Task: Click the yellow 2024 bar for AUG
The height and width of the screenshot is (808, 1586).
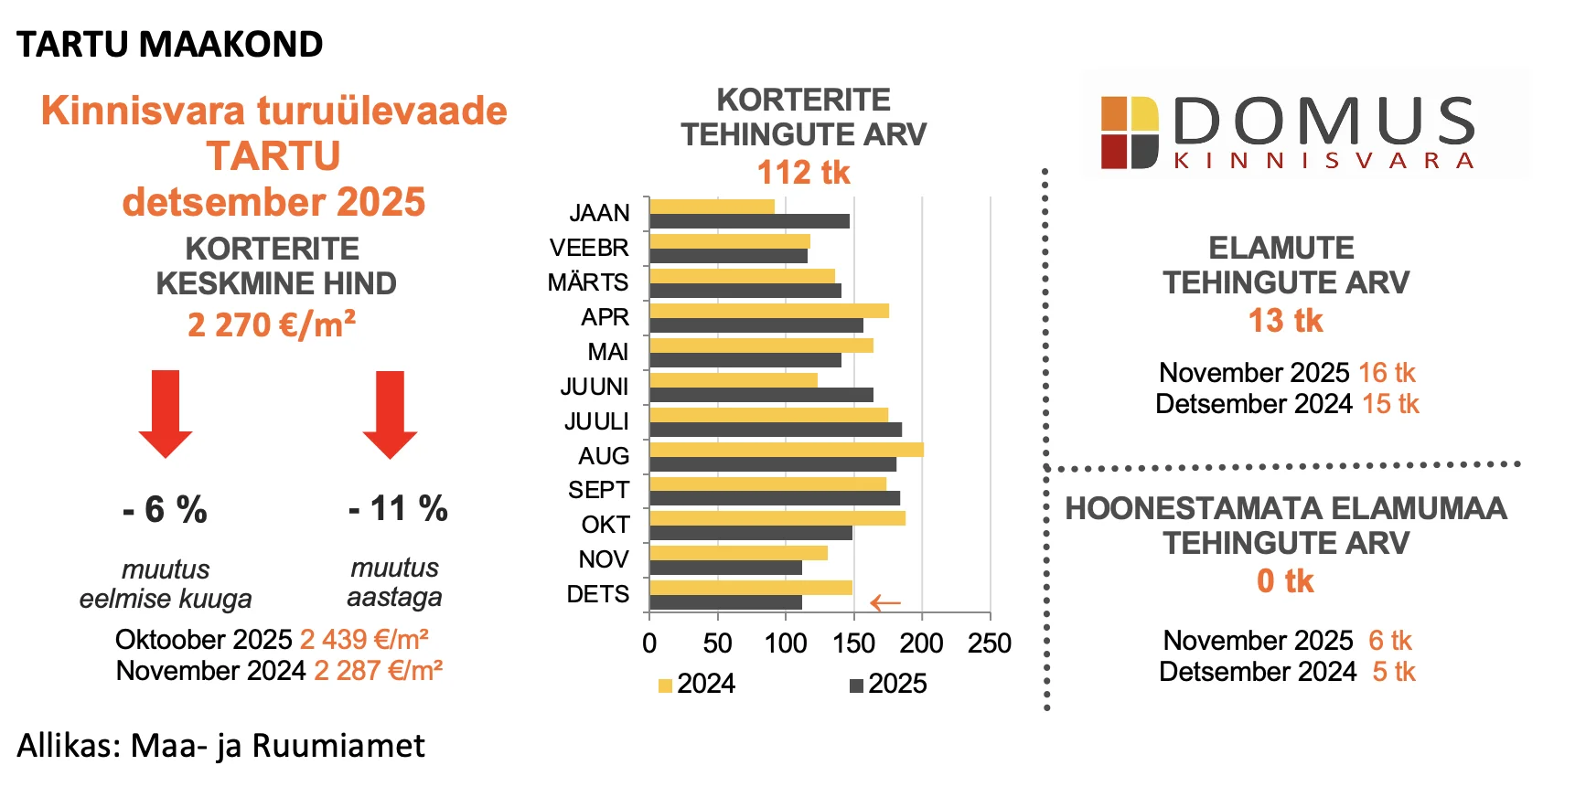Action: click(787, 450)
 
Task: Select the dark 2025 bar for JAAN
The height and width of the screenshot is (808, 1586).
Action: click(749, 221)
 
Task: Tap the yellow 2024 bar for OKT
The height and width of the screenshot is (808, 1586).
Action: click(777, 518)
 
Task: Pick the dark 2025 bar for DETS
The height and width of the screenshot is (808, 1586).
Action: click(725, 602)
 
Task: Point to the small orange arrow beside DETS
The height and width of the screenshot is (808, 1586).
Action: click(885, 602)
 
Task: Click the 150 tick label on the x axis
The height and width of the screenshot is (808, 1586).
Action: click(853, 643)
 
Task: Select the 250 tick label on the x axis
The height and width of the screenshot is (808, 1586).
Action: click(990, 643)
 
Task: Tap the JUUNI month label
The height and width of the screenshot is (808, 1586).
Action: click(595, 387)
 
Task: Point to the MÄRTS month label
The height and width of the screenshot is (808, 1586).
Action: click(588, 282)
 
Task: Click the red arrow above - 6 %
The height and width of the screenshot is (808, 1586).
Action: click(166, 413)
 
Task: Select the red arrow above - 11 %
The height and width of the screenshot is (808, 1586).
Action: click(390, 413)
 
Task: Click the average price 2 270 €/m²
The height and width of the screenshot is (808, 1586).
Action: click(272, 325)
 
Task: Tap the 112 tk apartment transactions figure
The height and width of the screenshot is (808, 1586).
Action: click(804, 172)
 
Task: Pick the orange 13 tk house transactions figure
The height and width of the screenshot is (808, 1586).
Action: click(1285, 321)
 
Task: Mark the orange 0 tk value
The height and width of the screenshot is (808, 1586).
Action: click(1285, 581)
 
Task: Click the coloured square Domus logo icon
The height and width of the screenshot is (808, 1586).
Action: click(1130, 133)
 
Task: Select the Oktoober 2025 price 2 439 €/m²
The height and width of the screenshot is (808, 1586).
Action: click(364, 640)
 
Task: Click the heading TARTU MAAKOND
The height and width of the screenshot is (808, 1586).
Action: click(170, 44)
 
